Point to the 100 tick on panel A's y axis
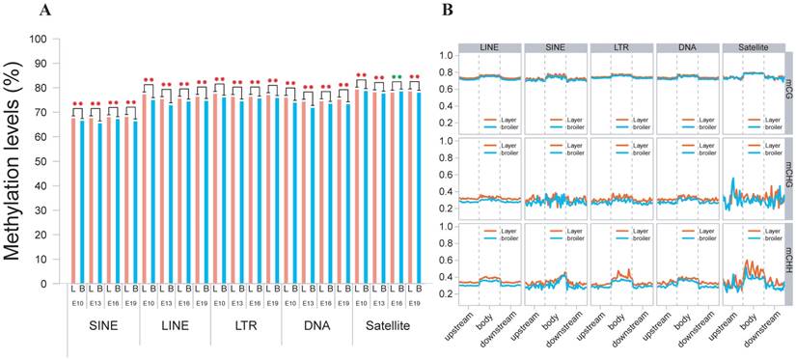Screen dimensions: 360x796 39,40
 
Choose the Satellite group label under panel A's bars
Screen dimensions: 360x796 388,326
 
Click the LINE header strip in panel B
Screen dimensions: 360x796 489,46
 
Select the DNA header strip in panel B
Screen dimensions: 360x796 686,46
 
